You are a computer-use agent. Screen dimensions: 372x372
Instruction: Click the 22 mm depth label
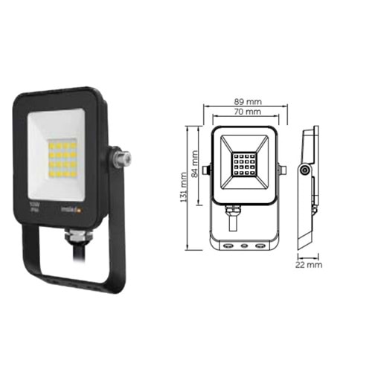coord(308,263)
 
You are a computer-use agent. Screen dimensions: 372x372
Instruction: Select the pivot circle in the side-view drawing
coord(304,171)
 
